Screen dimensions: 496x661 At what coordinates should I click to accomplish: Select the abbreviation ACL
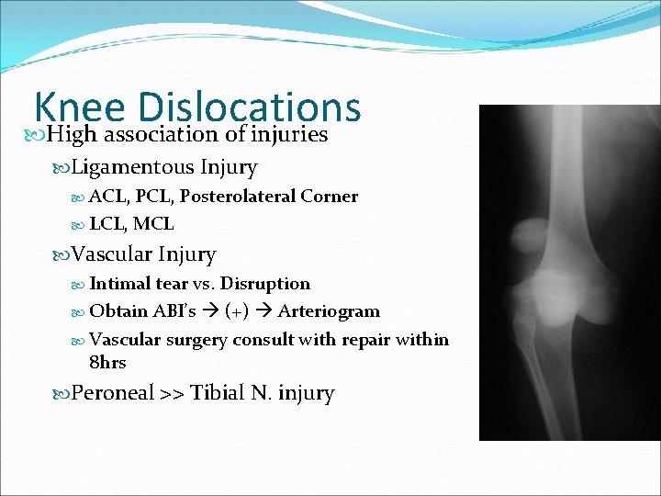107,197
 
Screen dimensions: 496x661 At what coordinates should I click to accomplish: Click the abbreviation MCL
156,224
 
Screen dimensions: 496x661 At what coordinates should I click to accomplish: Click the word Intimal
121,284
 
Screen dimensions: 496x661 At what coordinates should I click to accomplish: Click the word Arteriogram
329,311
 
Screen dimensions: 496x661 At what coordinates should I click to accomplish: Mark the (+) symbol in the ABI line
237,311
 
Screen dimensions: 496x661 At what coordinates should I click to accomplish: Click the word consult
269,340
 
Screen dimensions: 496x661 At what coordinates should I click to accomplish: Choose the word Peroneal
113,393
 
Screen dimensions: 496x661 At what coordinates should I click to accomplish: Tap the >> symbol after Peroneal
172,394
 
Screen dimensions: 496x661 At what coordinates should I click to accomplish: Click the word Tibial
218,393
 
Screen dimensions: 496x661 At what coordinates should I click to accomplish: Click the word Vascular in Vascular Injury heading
112,254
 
